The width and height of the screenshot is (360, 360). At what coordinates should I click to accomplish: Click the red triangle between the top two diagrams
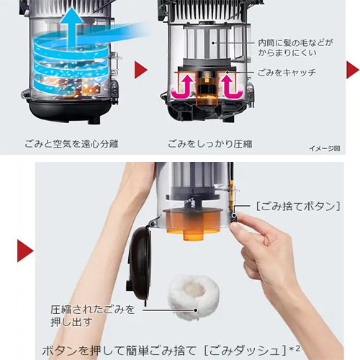140,70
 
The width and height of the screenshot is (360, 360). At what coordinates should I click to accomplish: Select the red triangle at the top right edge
353,70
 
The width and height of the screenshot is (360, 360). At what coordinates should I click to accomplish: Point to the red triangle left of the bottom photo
25,251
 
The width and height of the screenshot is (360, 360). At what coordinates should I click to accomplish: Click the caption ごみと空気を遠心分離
71,144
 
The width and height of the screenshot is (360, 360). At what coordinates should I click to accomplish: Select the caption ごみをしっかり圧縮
210,144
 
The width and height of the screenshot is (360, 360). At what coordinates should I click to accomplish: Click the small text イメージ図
325,148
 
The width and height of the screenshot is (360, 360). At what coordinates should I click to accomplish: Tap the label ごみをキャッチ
287,73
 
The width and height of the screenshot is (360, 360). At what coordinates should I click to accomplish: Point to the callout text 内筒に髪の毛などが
295,43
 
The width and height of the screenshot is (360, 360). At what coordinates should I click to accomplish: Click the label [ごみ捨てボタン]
298,207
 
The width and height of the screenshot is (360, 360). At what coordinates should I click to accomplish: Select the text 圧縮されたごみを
92,310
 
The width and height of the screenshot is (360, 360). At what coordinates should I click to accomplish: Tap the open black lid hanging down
139,264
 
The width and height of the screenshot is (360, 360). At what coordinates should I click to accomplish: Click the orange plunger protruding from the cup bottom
193,235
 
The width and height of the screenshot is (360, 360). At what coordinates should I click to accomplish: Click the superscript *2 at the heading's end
294,348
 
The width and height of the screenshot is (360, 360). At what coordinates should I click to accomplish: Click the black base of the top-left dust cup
70,110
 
